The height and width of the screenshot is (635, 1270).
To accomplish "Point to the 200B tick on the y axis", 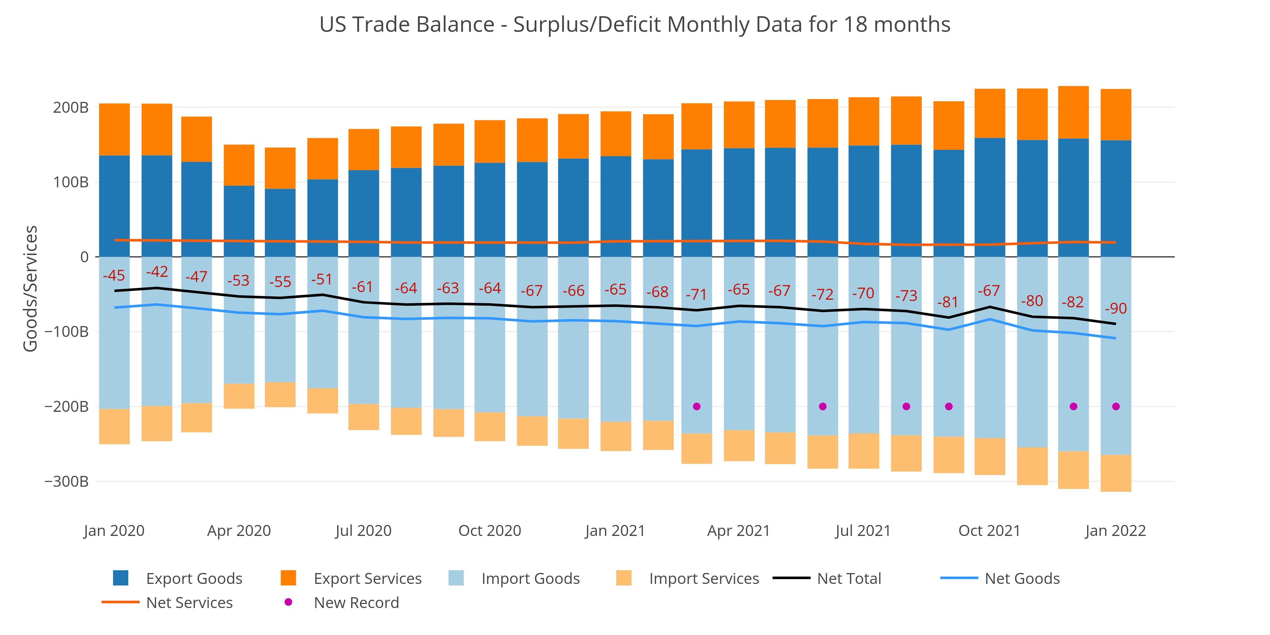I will tap(70, 108).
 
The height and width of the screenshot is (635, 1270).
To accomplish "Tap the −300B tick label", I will tap(67, 481).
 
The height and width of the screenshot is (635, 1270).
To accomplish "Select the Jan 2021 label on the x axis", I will tap(615, 531).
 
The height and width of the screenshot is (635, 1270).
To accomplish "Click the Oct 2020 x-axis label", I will tap(490, 531).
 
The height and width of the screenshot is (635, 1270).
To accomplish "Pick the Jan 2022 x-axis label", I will tap(1115, 531).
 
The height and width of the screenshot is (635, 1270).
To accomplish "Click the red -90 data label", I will tap(1116, 309).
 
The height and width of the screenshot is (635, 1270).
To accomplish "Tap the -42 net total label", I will tap(157, 272).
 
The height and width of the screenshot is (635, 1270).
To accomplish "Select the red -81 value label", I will tap(947, 302).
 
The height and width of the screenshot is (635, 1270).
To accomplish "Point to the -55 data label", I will tap(280, 282).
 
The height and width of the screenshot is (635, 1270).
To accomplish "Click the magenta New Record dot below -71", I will tap(697, 407).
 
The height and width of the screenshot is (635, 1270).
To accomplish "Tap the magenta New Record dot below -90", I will tap(1116, 407).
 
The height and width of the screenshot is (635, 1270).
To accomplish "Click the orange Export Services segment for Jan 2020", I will tap(114, 130).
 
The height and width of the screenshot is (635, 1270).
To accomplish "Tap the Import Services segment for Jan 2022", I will tap(1116, 473).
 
